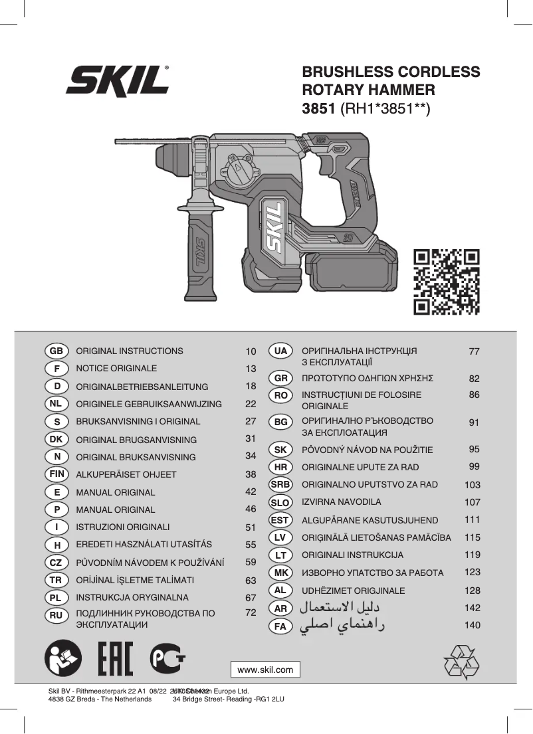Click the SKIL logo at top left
pyautogui.click(x=117, y=81)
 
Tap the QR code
pyautogui.click(x=446, y=281)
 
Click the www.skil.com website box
pyautogui.click(x=265, y=669)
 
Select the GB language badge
pyautogui.click(x=56, y=351)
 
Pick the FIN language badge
pyautogui.click(x=56, y=474)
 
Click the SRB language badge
pyautogui.click(x=280, y=485)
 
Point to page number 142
pyautogui.click(x=473, y=607)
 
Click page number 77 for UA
pyautogui.click(x=474, y=351)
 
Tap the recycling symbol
pyautogui.click(x=461, y=662)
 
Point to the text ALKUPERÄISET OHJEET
pyautogui.click(x=126, y=474)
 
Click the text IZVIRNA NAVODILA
pyautogui.click(x=342, y=502)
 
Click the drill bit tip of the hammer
pyautogui.click(x=118, y=142)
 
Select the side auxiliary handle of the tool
pyautogui.click(x=201, y=249)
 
